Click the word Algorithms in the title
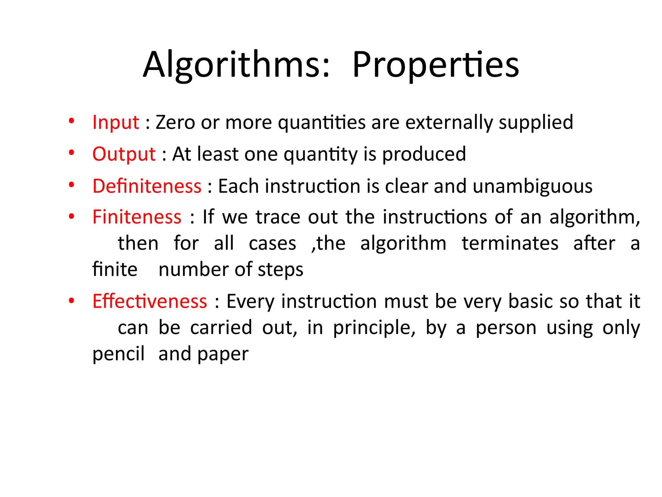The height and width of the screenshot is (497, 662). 236,65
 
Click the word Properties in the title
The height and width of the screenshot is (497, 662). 436,65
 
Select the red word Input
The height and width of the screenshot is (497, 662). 116,122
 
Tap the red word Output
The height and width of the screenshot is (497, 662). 124,154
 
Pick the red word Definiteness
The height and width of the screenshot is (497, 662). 147,186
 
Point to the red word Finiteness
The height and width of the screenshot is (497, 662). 137,217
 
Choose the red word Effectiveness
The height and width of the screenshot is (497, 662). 150,301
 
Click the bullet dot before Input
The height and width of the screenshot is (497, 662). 71,121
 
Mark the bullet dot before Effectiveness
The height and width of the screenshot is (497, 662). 71,300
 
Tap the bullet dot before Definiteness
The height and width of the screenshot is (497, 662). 71,185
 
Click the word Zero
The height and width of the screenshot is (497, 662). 175,122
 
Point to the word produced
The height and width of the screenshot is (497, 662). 424,154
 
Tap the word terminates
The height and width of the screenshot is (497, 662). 510,243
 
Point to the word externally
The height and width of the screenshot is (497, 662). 449,122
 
